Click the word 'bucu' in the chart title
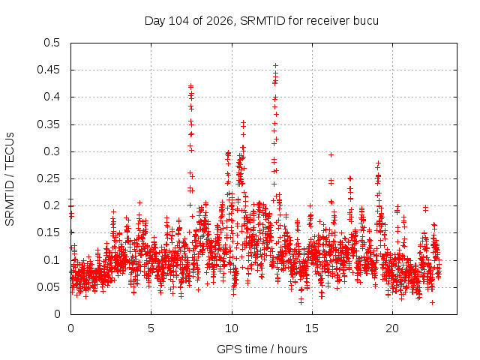tap(366, 21)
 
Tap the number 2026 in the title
tap(219, 21)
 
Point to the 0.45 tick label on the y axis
tap(48, 70)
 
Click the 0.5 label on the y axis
tap(52, 43)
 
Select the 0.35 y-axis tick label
tap(48, 124)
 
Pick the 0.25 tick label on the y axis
tap(48, 178)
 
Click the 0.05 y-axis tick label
tap(48, 287)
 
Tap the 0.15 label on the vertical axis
tap(48, 232)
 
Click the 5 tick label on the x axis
tap(151, 328)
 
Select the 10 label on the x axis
tap(232, 328)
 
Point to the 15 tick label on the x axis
tap(312, 328)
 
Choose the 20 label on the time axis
tap(392, 328)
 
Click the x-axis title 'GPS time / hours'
tap(262, 349)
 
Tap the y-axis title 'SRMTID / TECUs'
tap(10, 179)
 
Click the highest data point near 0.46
tap(275, 65)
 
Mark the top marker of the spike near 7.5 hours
tap(190, 86)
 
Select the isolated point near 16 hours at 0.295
tap(331, 155)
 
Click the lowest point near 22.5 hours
tap(432, 302)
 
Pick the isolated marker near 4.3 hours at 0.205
tap(140, 203)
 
